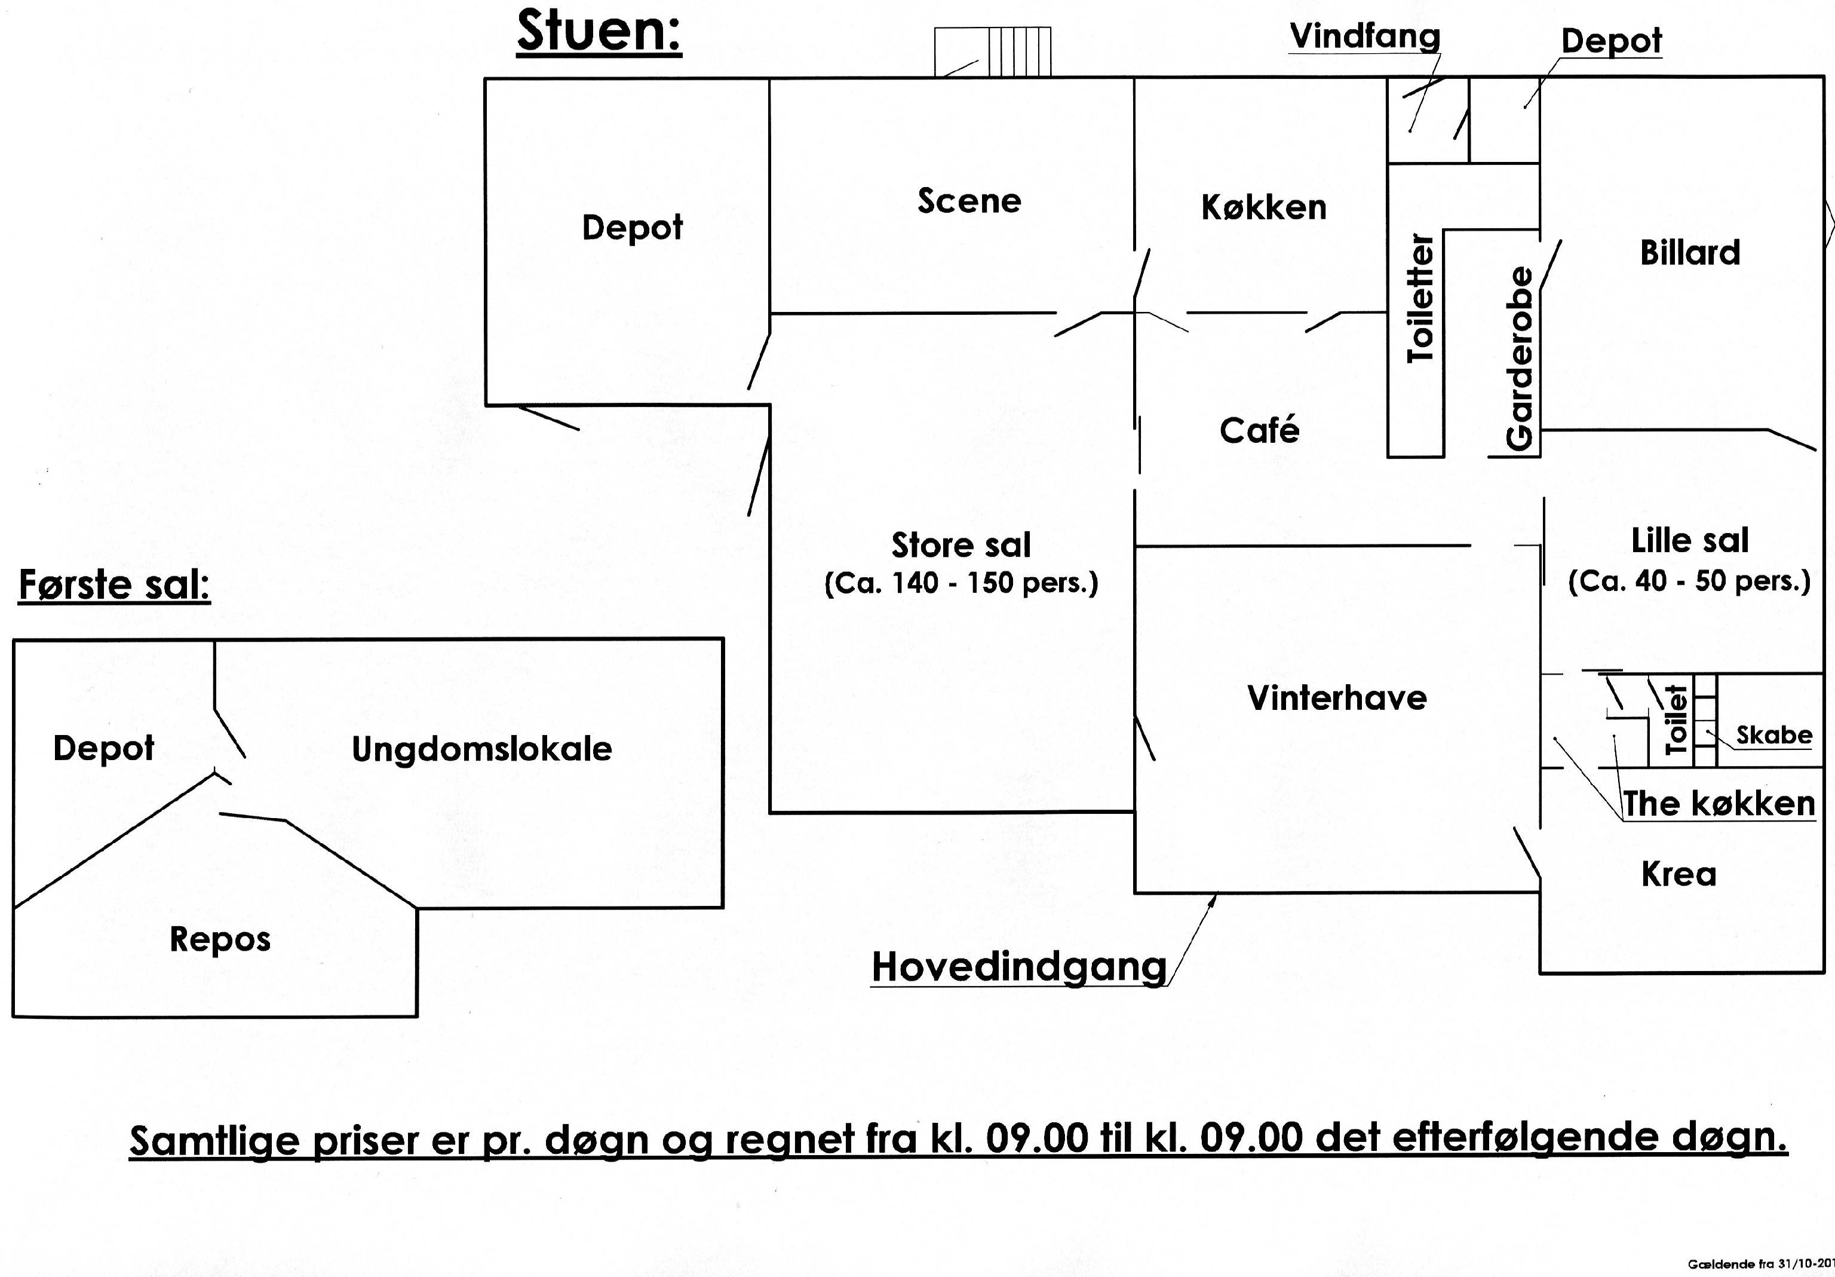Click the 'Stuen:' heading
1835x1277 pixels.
click(x=599, y=32)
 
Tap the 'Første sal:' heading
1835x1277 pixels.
click(x=114, y=584)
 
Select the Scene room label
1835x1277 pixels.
click(x=969, y=201)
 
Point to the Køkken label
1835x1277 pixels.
click(x=1263, y=207)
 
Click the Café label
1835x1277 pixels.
click(x=1260, y=430)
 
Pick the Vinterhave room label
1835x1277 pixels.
click(x=1337, y=698)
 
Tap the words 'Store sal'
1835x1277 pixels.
click(x=962, y=546)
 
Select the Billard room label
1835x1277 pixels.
click(x=1690, y=253)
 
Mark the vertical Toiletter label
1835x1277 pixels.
click(x=1421, y=298)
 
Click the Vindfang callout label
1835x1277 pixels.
click(x=1365, y=36)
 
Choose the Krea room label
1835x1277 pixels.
click(x=1679, y=874)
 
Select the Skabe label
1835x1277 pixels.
click(x=1774, y=735)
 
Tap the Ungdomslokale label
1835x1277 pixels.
click(x=482, y=749)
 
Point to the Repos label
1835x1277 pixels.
click(x=220, y=939)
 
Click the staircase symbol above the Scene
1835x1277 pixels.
click(x=993, y=52)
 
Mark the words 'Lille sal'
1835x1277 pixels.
click(x=1690, y=541)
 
